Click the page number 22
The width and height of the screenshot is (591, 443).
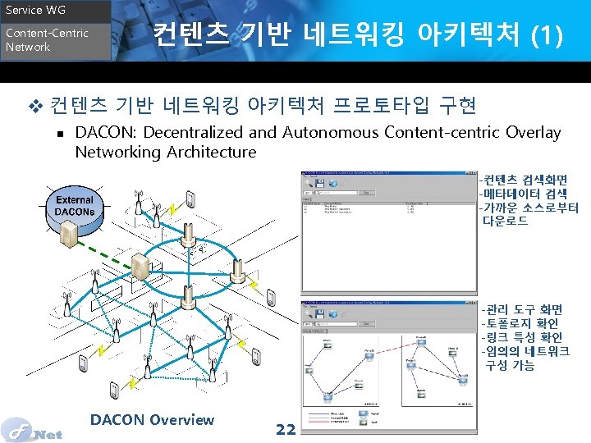(x=286, y=429)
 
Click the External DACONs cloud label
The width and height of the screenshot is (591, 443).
(x=75, y=206)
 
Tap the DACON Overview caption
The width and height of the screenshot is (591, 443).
(x=152, y=420)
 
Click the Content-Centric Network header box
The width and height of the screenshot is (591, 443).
(x=54, y=41)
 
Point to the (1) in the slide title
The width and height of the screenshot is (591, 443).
(x=547, y=34)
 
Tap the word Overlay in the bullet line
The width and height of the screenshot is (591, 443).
(x=533, y=132)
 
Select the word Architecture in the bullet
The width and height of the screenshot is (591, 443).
(x=211, y=152)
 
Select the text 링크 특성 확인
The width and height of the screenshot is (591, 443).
(x=524, y=337)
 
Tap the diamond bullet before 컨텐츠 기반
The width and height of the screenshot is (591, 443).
(x=34, y=106)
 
